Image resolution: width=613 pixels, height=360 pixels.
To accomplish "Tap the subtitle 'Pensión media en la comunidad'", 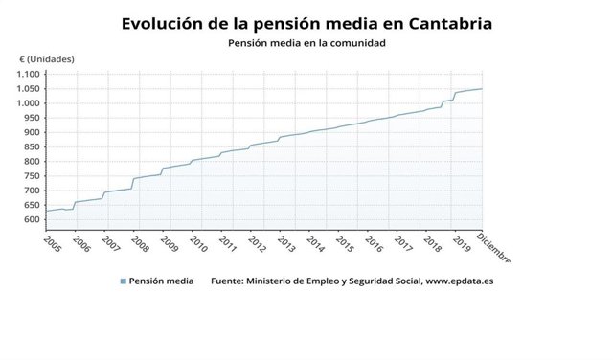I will (306, 43).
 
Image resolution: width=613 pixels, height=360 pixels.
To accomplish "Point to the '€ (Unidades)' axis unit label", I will (47, 59).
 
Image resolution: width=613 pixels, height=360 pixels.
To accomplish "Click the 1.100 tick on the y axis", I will (30, 75).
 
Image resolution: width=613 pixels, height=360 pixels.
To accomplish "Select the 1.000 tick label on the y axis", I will (30, 103).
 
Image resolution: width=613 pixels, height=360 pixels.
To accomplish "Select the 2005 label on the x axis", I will (53, 243).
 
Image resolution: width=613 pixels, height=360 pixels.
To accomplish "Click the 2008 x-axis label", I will (140, 243).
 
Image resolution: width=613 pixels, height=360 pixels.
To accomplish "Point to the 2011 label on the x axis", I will (228, 243).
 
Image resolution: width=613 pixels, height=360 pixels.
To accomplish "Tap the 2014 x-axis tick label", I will (315, 243).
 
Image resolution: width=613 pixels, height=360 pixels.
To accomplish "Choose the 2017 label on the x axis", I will (403, 243).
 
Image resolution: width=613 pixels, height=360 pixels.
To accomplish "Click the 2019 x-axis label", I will (461, 243).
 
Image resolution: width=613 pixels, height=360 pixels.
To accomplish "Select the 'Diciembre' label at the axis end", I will (494, 249).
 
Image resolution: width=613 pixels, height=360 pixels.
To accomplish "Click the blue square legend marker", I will (123, 281).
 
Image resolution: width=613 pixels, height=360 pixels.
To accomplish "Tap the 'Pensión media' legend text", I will (161, 281).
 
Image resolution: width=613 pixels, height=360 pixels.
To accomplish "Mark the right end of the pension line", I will (482, 89).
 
